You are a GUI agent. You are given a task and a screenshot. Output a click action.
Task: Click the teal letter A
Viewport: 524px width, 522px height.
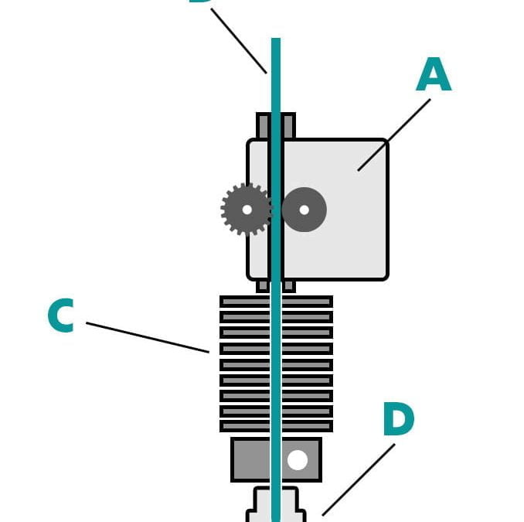[x=433, y=77]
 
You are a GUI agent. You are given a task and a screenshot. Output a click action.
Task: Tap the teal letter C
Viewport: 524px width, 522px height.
[x=60, y=316]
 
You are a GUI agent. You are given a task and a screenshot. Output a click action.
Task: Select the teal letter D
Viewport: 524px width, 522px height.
[x=398, y=420]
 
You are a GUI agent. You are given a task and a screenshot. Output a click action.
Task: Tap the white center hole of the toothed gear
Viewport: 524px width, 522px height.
[x=247, y=210]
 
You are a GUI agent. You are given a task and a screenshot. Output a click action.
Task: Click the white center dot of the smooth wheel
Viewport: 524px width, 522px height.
[x=304, y=210]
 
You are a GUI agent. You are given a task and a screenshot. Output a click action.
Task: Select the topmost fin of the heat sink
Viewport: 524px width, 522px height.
[x=240, y=302]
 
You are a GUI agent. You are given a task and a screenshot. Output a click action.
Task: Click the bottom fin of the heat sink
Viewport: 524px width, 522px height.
[x=240, y=426]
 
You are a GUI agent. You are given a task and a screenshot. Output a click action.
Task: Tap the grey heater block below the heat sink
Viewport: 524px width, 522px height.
[x=249, y=459]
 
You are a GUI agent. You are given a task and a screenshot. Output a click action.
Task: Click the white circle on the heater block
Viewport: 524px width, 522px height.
[x=298, y=460]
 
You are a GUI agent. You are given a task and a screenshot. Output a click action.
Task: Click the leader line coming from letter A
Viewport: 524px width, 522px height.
[x=394, y=135]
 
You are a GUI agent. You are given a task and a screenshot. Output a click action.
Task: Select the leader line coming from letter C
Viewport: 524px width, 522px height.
[x=147, y=337]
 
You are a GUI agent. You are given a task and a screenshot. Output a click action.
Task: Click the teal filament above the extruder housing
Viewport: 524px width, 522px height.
[x=276, y=77]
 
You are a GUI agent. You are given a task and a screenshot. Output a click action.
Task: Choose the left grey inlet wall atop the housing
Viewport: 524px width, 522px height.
[x=263, y=126]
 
